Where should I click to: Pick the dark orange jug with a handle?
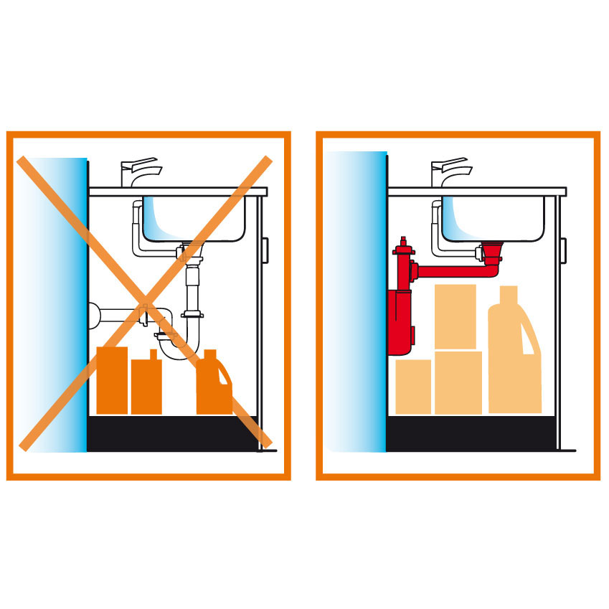click(214, 387)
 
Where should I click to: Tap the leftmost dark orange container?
click(112, 380)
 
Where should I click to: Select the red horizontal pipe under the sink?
click(452, 272)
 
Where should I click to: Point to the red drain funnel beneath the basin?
click(493, 252)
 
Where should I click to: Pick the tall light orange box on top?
click(455, 316)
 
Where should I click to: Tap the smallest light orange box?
click(413, 386)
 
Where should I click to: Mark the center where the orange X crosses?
click(145, 302)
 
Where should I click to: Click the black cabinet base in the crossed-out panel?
click(172, 433)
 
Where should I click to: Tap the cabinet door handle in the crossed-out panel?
click(265, 250)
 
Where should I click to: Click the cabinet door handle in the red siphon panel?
click(564, 250)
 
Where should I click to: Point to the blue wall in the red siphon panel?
click(356, 301)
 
